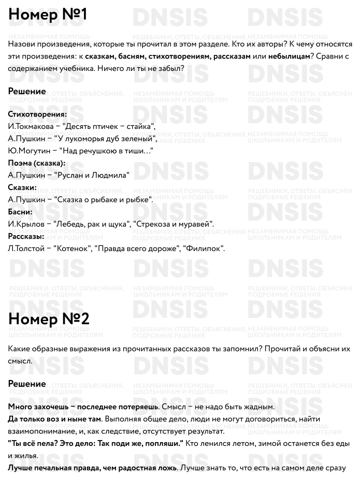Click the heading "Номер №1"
[x=48, y=15]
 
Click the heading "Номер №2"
[x=49, y=319]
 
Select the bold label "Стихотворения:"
[x=38, y=114]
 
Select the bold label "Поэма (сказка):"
[x=37, y=163]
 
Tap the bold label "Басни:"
[x=21, y=212]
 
